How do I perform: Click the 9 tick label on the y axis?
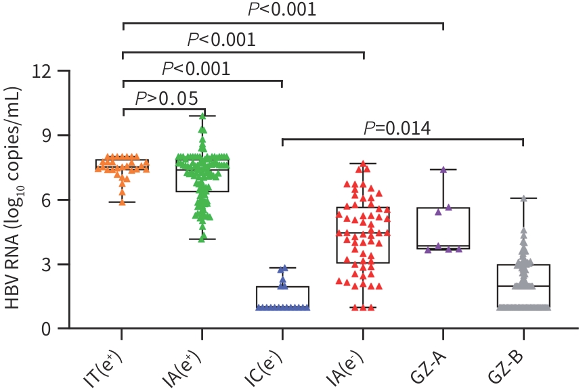pyautogui.click(x=47, y=135)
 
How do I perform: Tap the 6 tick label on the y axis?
pyautogui.click(x=47, y=200)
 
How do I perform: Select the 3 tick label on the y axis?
pyautogui.click(x=47, y=264)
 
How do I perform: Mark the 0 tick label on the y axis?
pyautogui.click(x=47, y=329)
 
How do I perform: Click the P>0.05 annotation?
pyautogui.click(x=167, y=99)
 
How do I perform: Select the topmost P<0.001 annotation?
pyautogui.click(x=282, y=10)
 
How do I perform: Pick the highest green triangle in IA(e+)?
pyautogui.click(x=202, y=116)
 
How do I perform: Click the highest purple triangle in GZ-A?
pyautogui.click(x=443, y=170)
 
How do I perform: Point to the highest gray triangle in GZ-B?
pyautogui.click(x=523, y=199)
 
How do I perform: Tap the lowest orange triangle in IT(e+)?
pyautogui.click(x=123, y=201)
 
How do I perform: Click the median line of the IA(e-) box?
pyautogui.click(x=363, y=233)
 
